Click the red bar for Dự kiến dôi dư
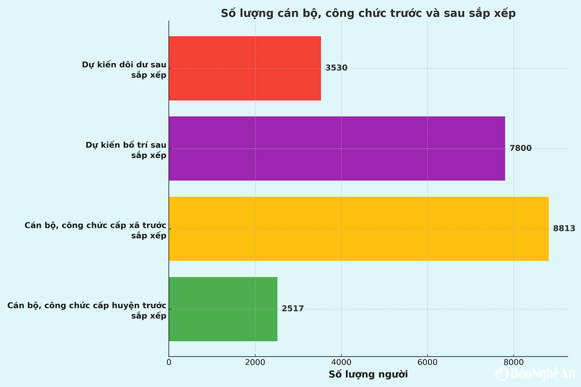coord(245,68)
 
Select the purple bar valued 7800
coord(336,148)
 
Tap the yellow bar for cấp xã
coord(358,229)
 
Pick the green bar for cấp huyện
coord(223,309)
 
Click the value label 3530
coord(336,68)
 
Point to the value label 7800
coord(520,148)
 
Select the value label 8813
coord(564,228)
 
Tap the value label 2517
coord(292,309)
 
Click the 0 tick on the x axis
coord(169,362)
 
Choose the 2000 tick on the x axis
coord(255,362)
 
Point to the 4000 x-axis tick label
coord(341,362)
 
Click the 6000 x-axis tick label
coord(427,362)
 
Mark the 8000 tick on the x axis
coord(514,362)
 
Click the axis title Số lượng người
coord(368,374)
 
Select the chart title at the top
coord(368,13)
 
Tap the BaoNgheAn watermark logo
coord(535,374)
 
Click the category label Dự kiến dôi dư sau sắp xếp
coord(124,70)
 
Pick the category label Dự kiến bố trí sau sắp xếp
coord(126,150)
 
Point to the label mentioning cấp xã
coord(96,230)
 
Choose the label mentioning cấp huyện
coord(87,310)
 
